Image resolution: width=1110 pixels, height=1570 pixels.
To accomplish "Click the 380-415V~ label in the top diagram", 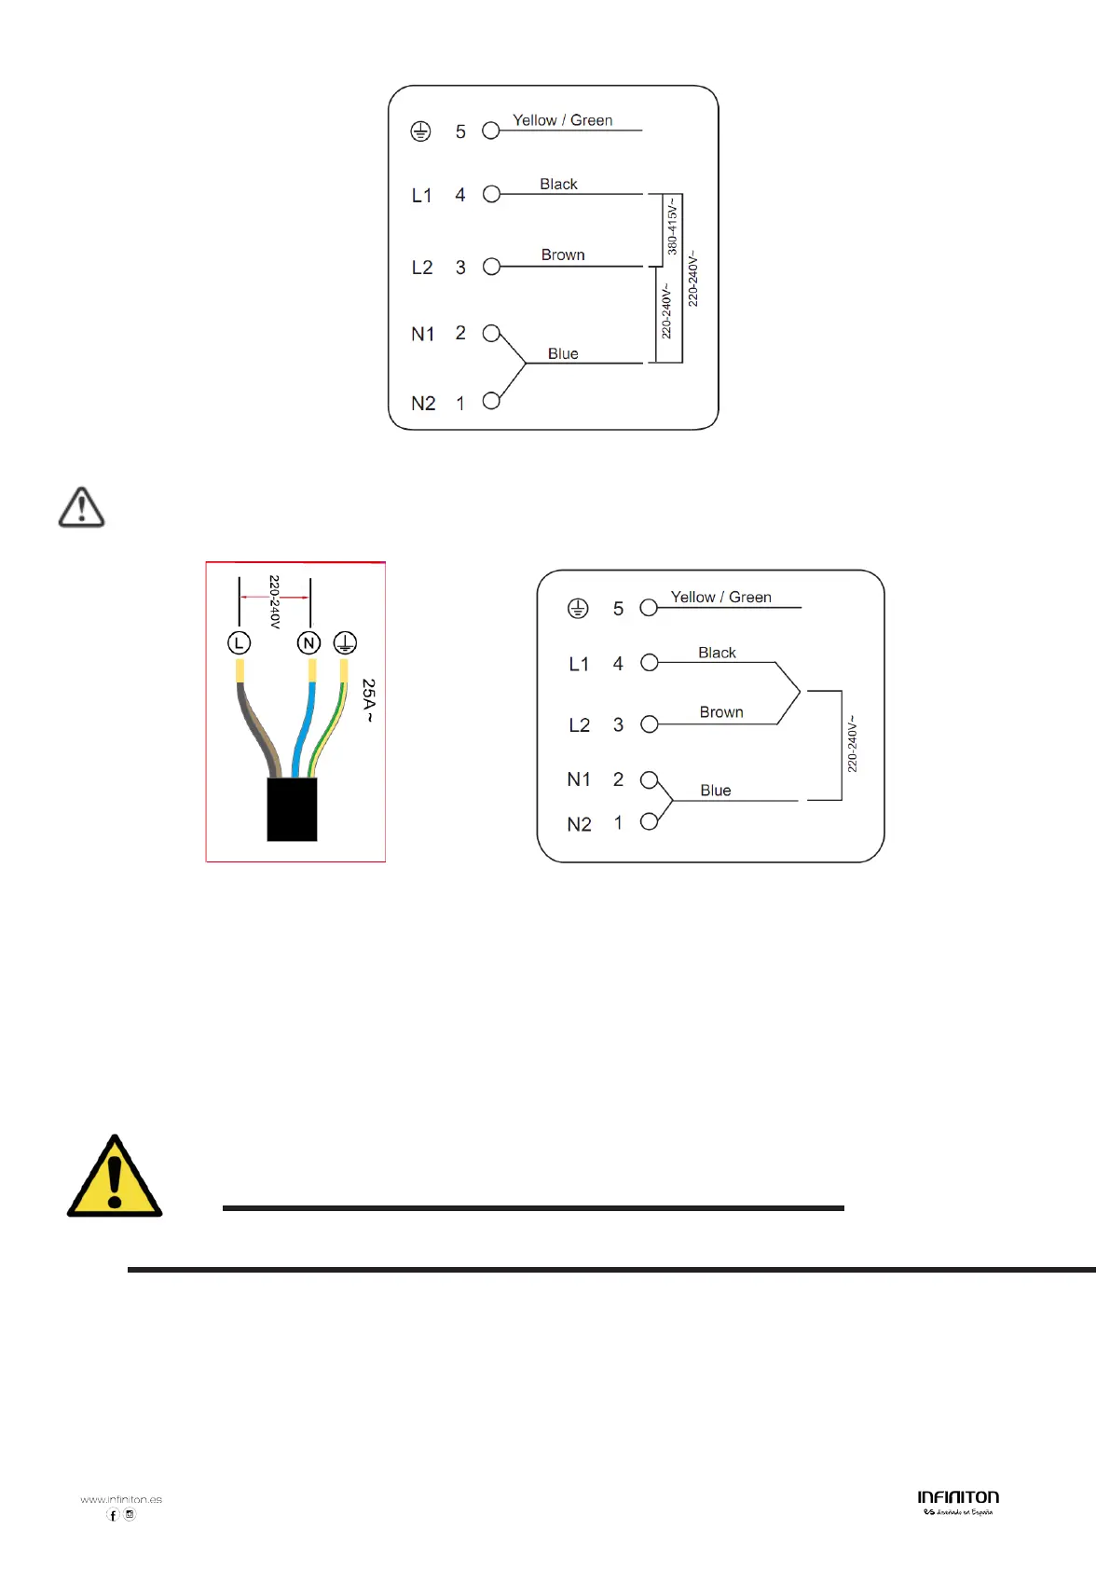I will pos(672,227).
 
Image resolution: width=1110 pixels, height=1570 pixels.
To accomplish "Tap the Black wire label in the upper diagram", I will pos(558,184).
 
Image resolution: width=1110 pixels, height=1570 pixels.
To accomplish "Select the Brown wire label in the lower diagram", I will pos(721,712).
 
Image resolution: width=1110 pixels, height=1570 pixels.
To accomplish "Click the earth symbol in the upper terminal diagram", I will pos(420,131).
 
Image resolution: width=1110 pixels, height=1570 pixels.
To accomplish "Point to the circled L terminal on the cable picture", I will pos(240,642).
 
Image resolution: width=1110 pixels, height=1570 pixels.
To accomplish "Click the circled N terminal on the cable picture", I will pos(308,642).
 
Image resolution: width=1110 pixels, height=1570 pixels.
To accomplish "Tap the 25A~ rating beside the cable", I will pos(369,701).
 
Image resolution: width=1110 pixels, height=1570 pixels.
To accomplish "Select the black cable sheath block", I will pos(292,809).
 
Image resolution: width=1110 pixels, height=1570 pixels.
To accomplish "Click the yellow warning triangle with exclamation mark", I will pos(115,1177).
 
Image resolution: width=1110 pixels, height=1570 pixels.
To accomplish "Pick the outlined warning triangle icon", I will pos(82,508).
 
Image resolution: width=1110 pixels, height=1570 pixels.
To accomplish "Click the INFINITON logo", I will pos(958,1498).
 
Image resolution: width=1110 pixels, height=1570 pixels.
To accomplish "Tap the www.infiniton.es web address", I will pos(121,1499).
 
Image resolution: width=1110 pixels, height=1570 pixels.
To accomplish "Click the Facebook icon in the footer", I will pos(113,1515).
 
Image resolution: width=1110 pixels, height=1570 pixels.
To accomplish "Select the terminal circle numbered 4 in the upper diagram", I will pos(491,194).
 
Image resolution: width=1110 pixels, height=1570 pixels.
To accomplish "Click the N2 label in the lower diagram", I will pos(579,824).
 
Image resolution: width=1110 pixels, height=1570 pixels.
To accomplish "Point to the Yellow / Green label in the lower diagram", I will pos(720,597).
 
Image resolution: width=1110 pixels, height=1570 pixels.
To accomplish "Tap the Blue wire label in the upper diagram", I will pos(563,353).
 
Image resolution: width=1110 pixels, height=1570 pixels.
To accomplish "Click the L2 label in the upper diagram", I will pos(422,268).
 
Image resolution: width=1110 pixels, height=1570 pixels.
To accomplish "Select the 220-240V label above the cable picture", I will pos(274,601).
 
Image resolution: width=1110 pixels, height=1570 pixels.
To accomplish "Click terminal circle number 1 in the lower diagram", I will pos(650,821).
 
